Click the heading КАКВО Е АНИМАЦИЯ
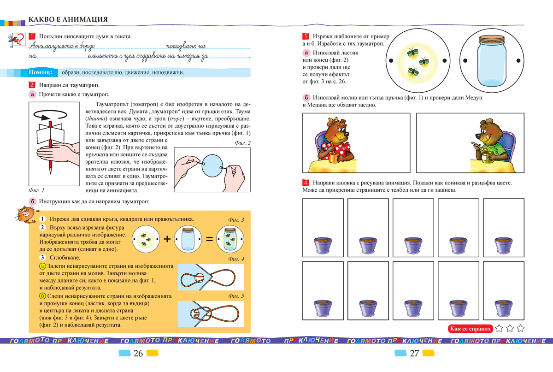(x=68, y=20)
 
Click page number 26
(x=138, y=354)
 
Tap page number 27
(x=414, y=354)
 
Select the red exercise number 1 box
(x=31, y=36)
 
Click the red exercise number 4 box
(x=306, y=183)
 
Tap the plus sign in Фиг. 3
(x=167, y=239)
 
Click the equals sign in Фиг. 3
(x=209, y=239)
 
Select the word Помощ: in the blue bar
(x=43, y=73)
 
